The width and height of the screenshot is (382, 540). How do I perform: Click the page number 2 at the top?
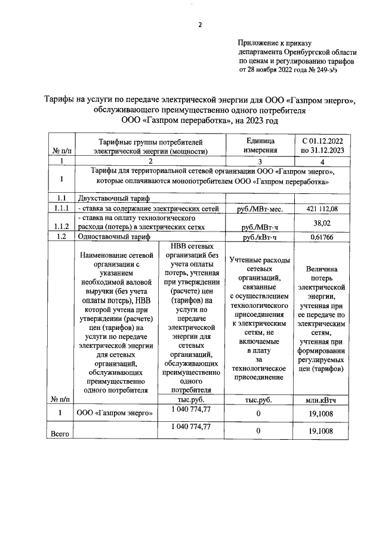200,24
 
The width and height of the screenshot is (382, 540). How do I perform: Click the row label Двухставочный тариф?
109,198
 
